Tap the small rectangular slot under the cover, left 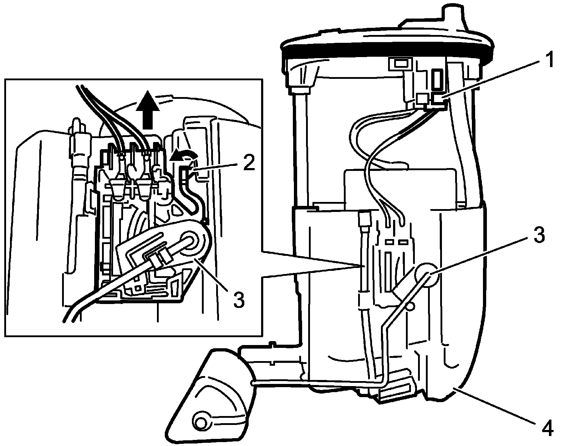401,65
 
